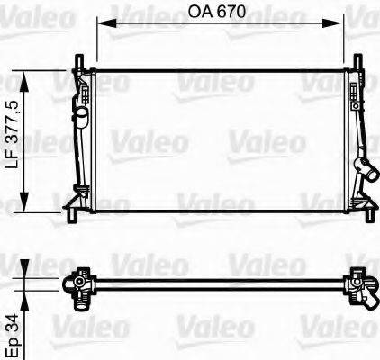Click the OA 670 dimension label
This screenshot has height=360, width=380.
pos(215,13)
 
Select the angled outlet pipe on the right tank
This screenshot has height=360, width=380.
pos(365,169)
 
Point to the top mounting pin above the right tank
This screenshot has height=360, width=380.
pos(359,61)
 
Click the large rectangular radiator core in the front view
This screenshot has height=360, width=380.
pos(221,139)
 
